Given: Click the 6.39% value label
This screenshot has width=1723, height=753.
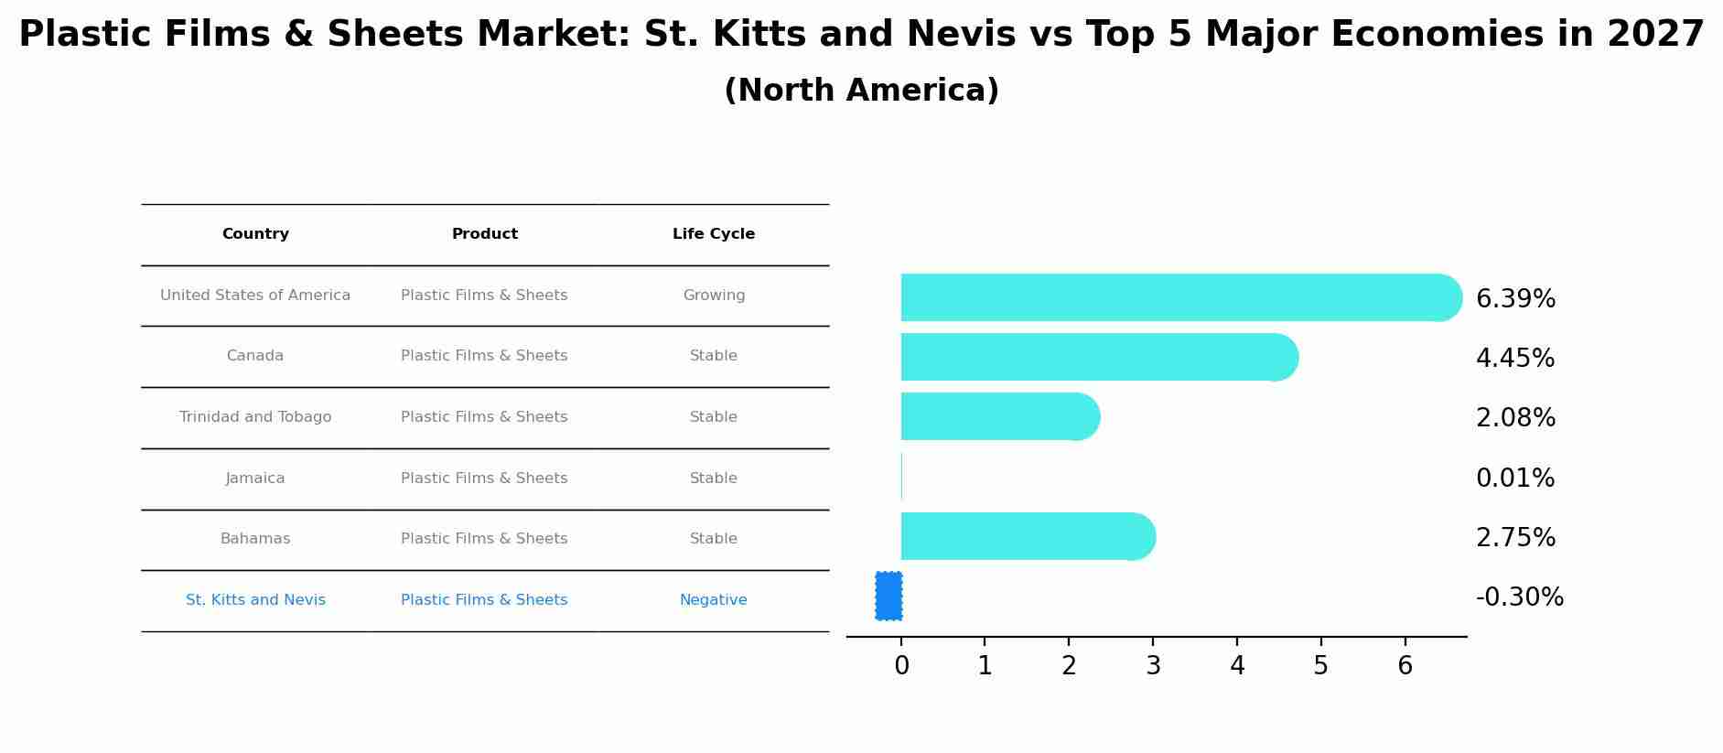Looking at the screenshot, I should (1515, 298).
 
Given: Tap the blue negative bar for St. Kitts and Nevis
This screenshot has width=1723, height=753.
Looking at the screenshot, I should (888, 596).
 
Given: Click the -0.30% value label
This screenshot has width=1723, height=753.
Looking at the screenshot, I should (1519, 597).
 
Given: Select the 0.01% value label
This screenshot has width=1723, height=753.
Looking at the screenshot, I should (1514, 478).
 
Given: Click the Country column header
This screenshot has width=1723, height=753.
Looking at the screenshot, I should (255, 234).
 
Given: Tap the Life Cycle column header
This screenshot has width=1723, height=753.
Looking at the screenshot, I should (714, 234).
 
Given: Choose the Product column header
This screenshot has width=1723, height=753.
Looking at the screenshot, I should (484, 234).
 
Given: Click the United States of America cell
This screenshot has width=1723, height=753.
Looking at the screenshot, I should (255, 296).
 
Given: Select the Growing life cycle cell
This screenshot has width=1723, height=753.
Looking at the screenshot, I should (714, 296).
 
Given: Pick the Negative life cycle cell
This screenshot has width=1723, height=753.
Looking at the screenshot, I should (713, 600).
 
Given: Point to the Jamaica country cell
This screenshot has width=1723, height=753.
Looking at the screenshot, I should (255, 479).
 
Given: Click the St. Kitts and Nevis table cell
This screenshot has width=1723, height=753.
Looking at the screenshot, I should (255, 600).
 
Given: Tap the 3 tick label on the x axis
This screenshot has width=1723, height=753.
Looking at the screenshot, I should (1153, 666).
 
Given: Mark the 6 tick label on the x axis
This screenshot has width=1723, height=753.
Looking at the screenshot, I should (1405, 666).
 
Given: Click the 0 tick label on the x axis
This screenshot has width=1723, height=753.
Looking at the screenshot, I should (901, 666).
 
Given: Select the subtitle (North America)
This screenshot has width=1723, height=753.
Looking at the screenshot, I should (861, 91).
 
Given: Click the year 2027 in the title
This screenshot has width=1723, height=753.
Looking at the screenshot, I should (1655, 35).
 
